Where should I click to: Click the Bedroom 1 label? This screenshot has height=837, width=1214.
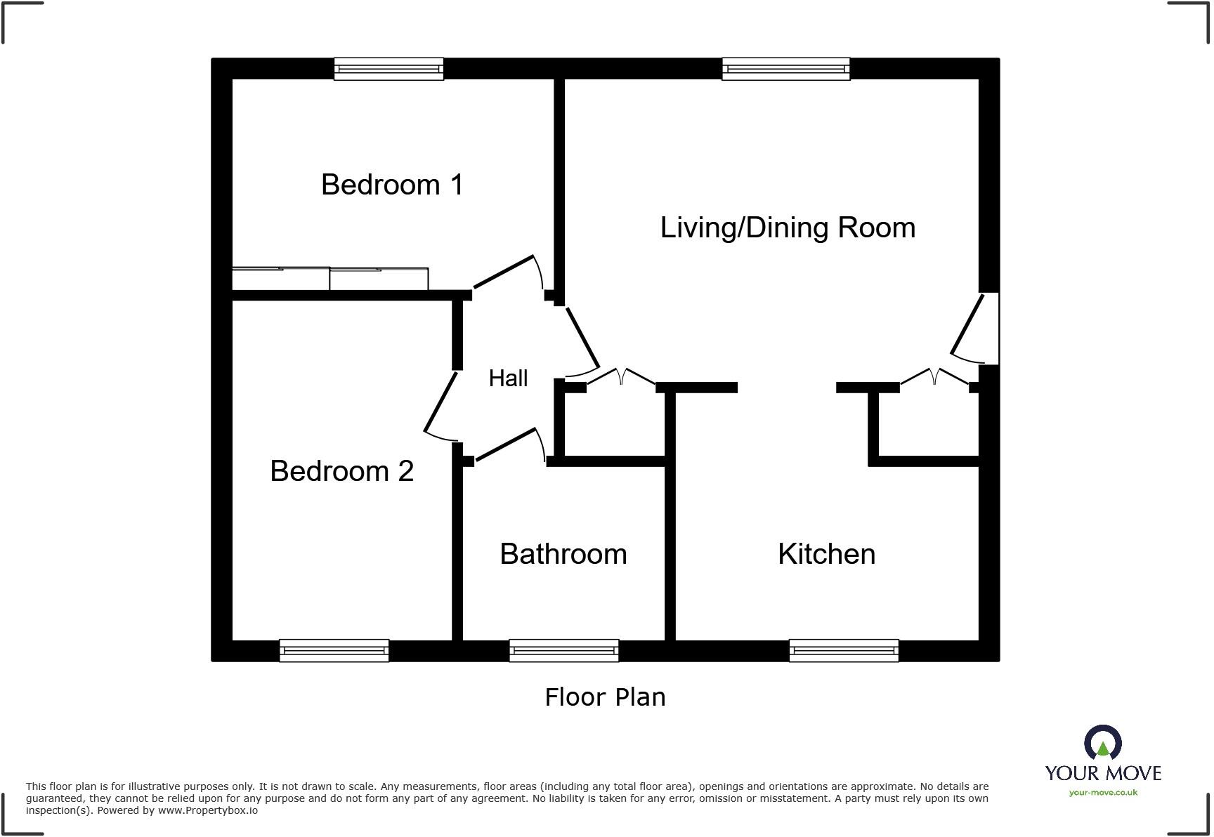pos(392,185)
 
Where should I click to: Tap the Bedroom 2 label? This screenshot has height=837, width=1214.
pos(341,470)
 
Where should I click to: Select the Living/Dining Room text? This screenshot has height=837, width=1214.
pos(788,228)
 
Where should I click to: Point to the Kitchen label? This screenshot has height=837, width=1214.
pos(826,554)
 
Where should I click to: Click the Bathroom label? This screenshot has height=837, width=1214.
pos(563,554)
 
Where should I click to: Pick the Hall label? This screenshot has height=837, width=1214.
pos(508,378)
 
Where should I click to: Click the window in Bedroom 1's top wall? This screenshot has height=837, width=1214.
pos(389,69)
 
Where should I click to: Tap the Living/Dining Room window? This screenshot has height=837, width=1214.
pos(785,69)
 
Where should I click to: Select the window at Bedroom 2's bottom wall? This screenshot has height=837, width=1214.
pos(334,650)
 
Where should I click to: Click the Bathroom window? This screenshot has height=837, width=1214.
pos(563,650)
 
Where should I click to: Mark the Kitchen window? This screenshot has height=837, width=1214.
pos(843,650)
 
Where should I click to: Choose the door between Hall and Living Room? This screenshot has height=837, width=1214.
pos(582,338)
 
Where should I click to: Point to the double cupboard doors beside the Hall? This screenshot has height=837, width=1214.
pos(621,376)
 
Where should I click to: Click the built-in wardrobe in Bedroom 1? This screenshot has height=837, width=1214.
pos(329,279)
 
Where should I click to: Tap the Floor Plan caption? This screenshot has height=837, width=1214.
pos(605,697)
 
